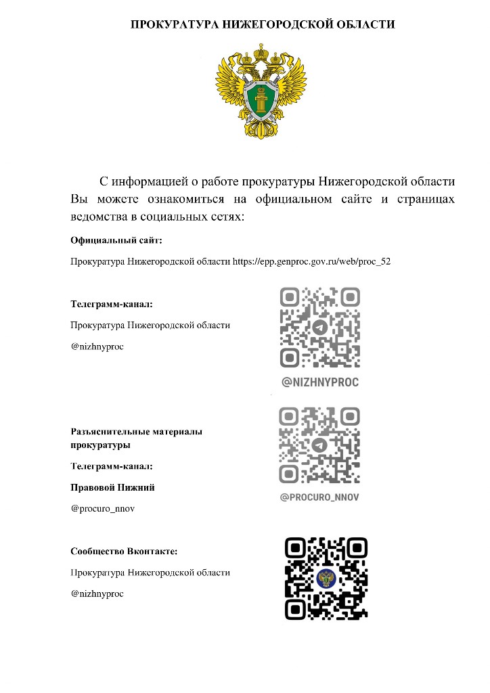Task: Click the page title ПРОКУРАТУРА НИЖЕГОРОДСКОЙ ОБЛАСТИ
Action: tap(263, 25)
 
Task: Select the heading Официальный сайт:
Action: tap(116, 240)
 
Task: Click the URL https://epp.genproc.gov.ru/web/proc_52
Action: tap(311, 261)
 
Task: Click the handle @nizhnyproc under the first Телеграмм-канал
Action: tap(97, 346)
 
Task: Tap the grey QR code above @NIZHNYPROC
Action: tap(320, 328)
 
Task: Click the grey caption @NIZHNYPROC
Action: tap(320, 382)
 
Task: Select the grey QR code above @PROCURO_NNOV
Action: tap(319, 445)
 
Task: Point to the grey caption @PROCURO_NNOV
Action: tap(319, 497)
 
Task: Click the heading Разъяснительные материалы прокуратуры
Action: tap(136, 438)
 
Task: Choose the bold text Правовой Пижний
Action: tap(108, 487)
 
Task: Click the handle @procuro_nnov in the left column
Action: tap(103, 508)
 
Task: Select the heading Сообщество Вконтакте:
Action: tap(124, 552)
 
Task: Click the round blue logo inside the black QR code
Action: tap(326, 578)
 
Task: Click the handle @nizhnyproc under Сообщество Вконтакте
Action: tap(97, 594)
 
